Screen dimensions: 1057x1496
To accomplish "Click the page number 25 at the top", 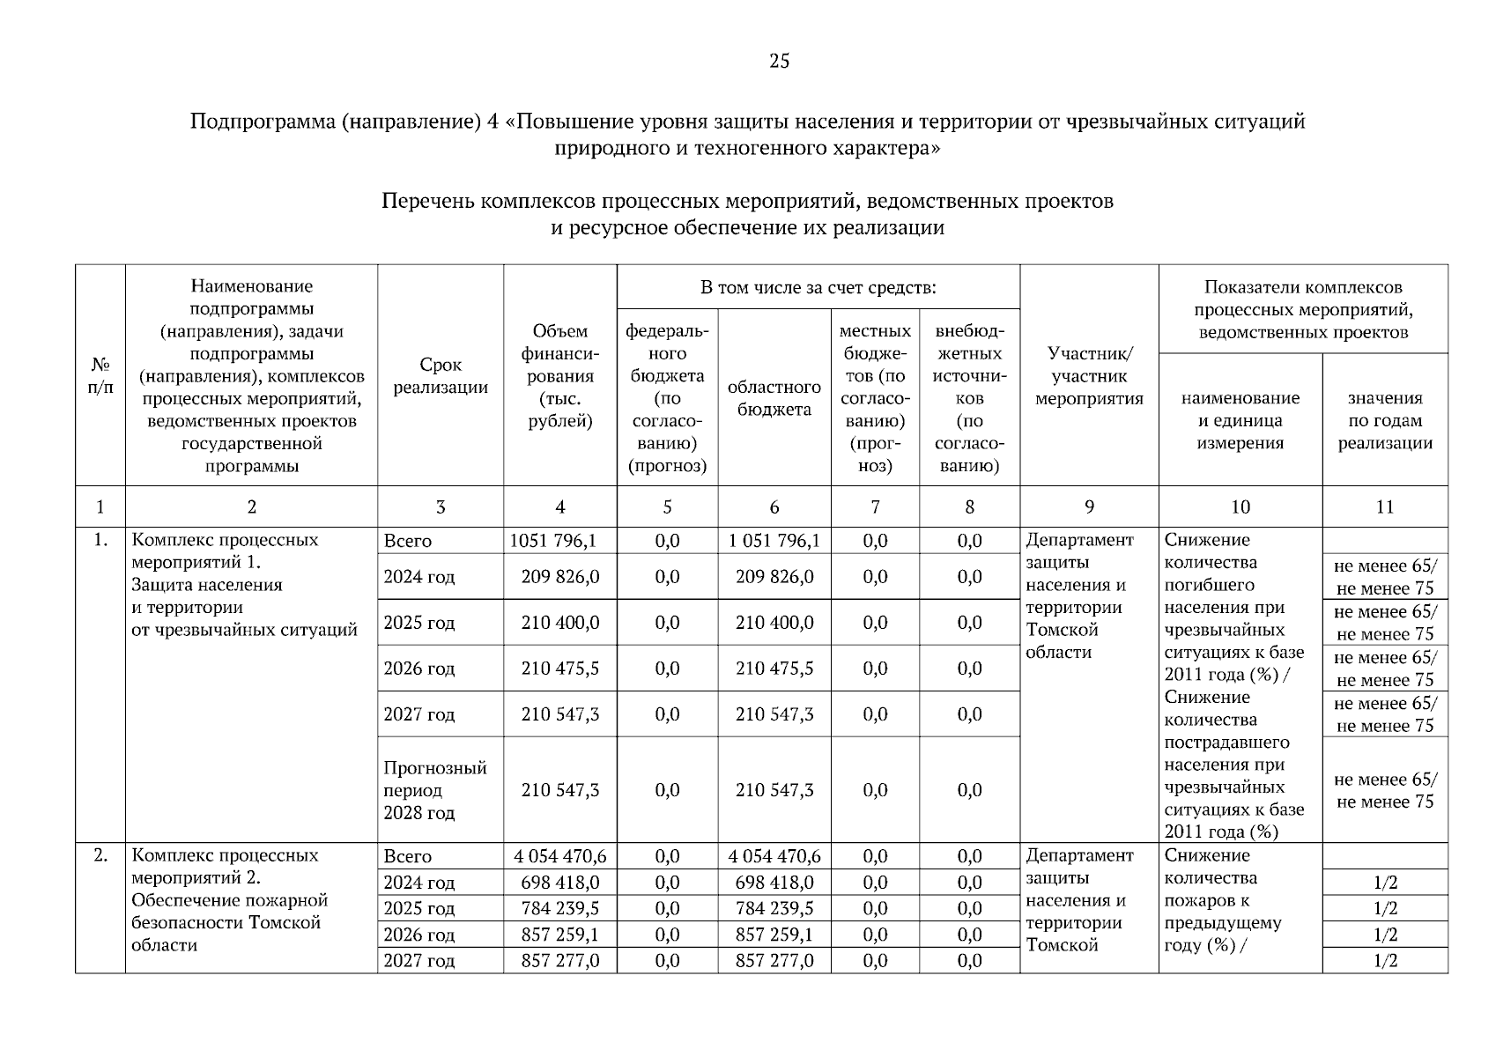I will [x=779, y=61].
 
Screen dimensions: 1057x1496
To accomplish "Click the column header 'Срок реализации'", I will [x=441, y=376].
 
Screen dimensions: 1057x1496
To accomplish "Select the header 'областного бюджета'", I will [x=774, y=398].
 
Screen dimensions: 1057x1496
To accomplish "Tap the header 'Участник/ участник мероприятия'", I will [x=1089, y=376].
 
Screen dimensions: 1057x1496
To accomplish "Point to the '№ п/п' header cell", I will [x=100, y=376].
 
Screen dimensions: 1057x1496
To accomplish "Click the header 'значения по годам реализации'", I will [x=1384, y=420].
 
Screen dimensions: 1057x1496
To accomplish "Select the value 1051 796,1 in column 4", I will [x=559, y=541].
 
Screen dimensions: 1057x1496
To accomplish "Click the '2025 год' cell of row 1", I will [x=419, y=623].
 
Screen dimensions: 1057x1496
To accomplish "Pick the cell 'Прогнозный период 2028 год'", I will [x=434, y=790].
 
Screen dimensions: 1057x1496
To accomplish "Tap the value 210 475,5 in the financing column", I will [x=559, y=669].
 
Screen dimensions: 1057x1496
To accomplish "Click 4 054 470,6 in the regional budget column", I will [x=774, y=856].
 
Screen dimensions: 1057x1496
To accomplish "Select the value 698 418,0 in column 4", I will [x=559, y=883].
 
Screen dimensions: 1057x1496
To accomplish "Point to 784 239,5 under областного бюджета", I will [x=774, y=908].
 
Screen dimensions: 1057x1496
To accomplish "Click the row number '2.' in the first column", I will [x=100, y=855].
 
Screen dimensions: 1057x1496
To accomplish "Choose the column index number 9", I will [x=1089, y=506].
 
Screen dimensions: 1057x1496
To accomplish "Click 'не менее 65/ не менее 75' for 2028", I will [x=1384, y=790].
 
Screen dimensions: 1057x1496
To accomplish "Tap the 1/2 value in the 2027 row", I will [x=1384, y=961].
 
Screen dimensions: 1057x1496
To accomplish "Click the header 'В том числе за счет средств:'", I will [x=818, y=287].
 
